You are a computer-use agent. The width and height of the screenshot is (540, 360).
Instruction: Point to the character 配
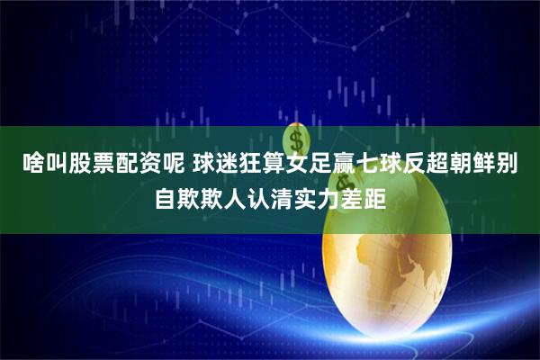click(x=121, y=165)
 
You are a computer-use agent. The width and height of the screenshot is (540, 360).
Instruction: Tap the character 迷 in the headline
click(x=225, y=165)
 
